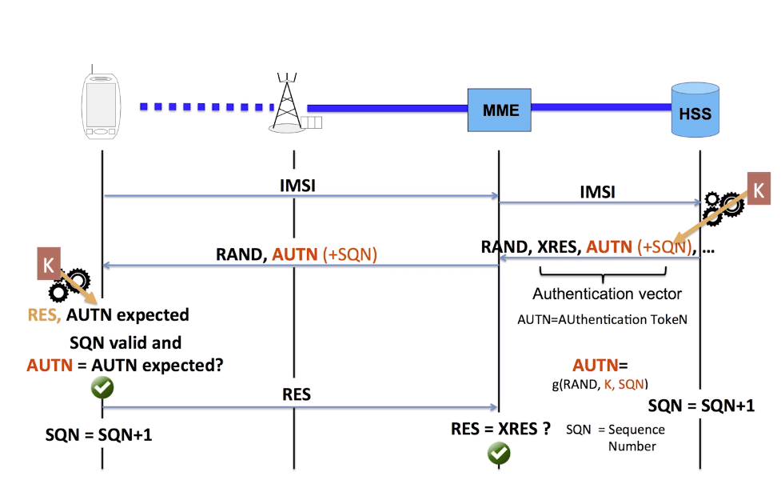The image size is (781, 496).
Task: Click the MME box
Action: tap(500, 110)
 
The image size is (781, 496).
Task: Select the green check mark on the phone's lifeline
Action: tap(102, 388)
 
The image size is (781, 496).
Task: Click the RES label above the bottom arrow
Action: tap(296, 395)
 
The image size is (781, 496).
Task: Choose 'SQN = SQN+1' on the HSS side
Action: tap(700, 405)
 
